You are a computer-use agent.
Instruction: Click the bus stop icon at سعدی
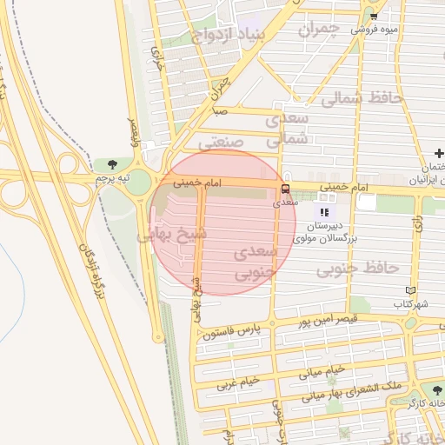285,189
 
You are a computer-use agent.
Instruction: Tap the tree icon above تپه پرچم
112,163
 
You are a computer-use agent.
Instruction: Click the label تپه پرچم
111,178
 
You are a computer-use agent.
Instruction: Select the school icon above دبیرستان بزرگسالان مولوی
324,212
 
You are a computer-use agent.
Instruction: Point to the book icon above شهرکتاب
411,291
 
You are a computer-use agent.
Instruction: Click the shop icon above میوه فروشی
374,16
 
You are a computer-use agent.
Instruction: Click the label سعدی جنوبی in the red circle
256,262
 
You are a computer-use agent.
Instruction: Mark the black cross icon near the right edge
440,153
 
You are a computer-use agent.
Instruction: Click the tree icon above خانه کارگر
432,391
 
